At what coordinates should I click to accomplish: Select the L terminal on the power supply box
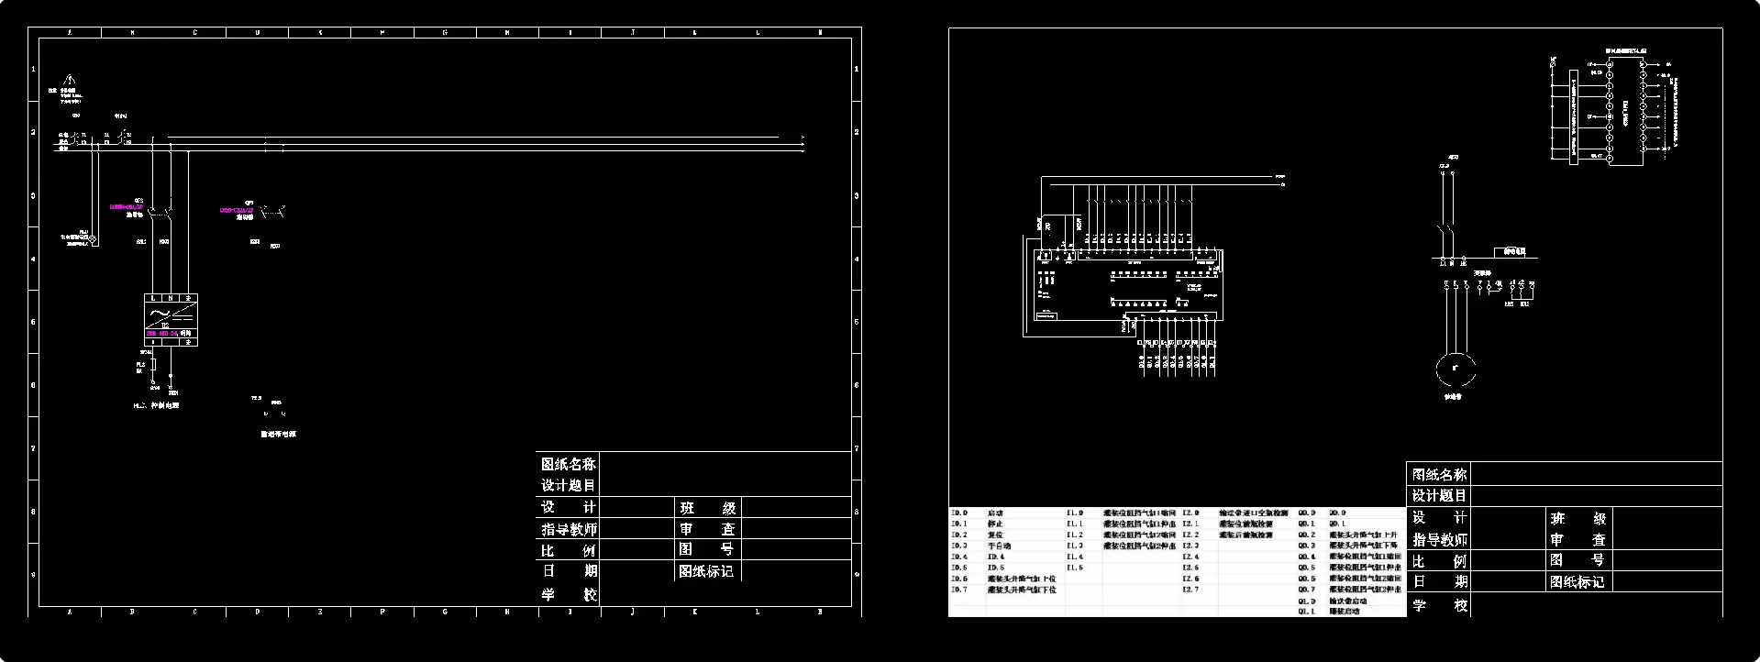(153, 299)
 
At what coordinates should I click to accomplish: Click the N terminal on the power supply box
(171, 299)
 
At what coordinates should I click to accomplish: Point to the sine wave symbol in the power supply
(154, 314)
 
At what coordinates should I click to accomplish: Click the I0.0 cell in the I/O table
(959, 513)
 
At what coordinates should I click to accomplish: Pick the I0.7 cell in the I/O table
(959, 590)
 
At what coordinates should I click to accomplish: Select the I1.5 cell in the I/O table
(1075, 568)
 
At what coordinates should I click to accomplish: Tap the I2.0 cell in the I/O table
(1190, 513)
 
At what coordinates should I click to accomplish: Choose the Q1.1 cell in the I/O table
(1307, 612)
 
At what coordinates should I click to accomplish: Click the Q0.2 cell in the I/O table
(1307, 535)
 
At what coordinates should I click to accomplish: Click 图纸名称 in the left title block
(568, 464)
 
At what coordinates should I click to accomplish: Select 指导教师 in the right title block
(1439, 540)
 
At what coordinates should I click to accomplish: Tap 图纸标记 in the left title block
(705, 571)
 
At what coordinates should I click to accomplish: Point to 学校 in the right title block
(1439, 605)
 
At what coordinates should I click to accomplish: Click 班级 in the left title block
(707, 508)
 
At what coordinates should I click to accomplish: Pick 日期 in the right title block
(1439, 582)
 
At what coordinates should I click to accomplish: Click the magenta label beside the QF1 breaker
(236, 210)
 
